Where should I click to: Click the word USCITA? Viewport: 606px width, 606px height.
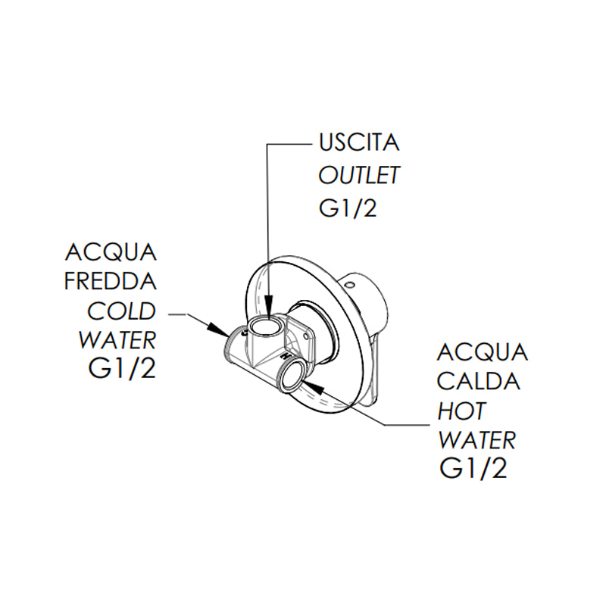point(358,143)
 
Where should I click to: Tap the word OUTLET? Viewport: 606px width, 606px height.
point(358,176)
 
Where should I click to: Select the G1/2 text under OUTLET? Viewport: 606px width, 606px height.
point(348,208)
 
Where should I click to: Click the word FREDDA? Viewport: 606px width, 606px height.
point(111,282)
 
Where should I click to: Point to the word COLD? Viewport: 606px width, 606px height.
point(121,312)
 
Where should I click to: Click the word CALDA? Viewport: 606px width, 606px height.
point(479,382)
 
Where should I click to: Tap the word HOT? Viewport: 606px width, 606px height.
point(462,411)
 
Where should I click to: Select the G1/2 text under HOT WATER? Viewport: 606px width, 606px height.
point(473,469)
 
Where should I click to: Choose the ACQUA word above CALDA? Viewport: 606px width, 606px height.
point(483,352)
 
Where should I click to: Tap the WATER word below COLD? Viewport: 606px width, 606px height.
point(117,341)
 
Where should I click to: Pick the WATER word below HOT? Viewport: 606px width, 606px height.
point(477,439)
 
